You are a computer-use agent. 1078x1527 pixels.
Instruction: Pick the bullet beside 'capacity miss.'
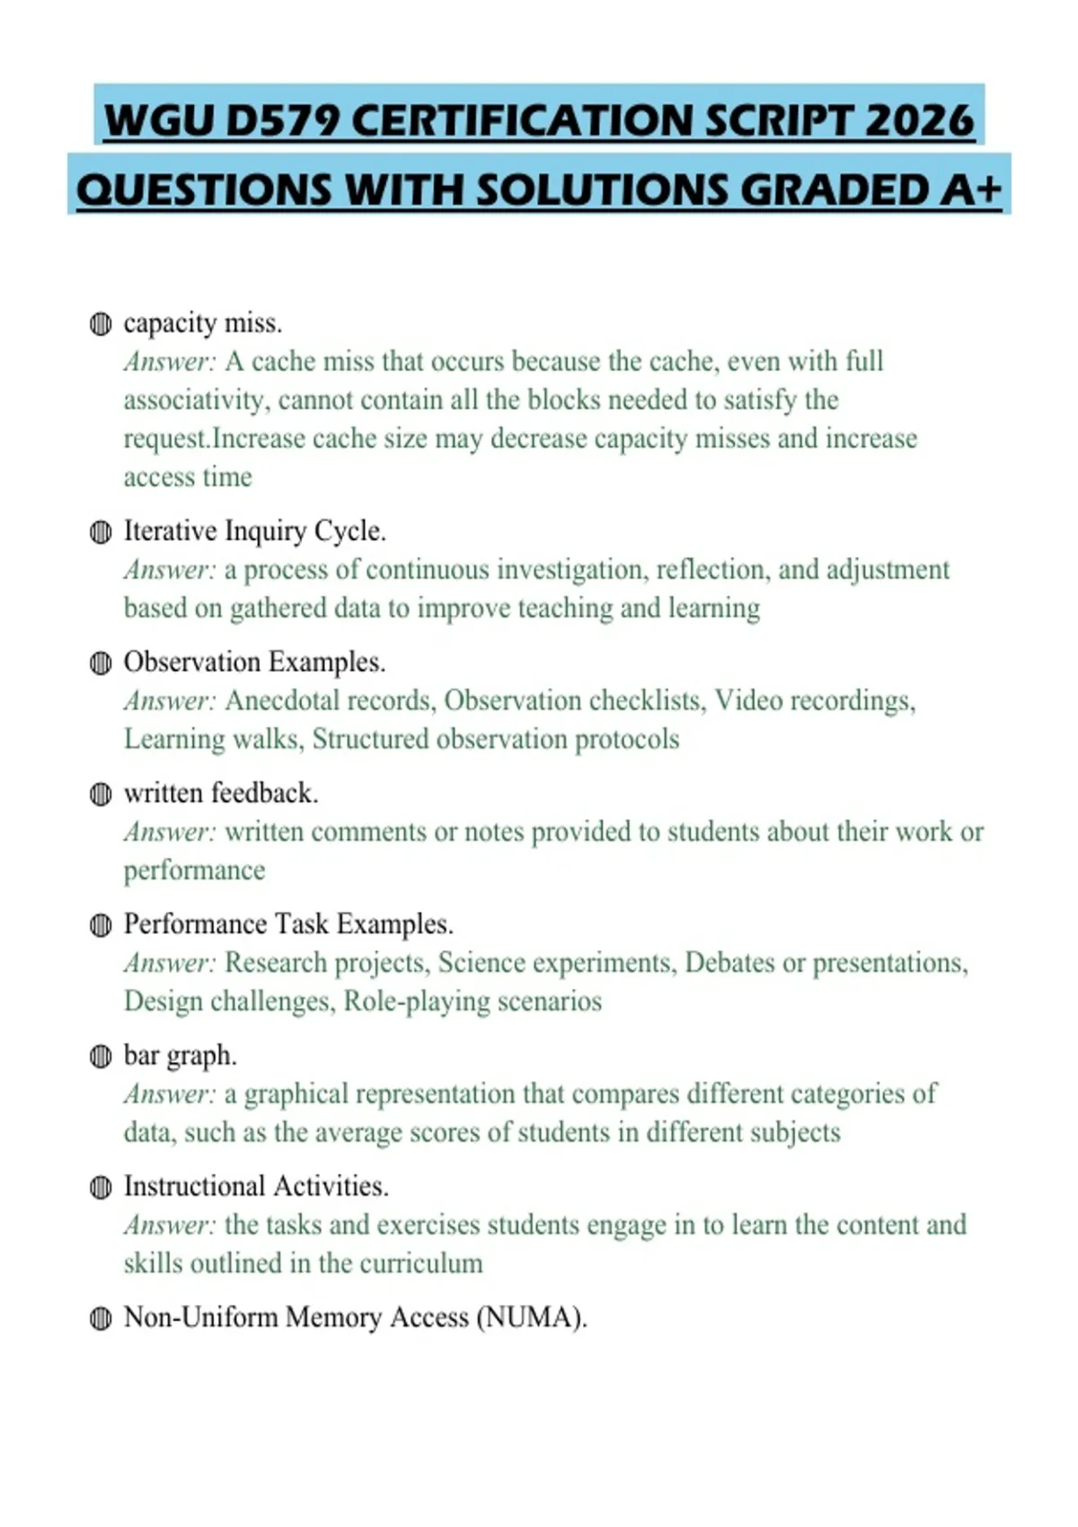(101, 324)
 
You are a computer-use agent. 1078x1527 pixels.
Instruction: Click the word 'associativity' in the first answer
(196, 400)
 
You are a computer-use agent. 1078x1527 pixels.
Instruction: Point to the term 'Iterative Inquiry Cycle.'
(254, 531)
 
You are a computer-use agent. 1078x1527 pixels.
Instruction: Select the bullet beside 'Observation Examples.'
(101, 664)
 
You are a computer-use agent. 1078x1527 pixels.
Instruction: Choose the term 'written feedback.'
(221, 793)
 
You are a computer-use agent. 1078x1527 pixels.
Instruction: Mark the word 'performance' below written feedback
(195, 870)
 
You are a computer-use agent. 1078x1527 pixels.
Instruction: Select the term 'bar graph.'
(180, 1055)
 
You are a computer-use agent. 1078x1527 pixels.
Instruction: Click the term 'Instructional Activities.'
(256, 1187)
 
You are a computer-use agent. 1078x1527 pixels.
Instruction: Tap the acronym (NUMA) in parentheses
(531, 1318)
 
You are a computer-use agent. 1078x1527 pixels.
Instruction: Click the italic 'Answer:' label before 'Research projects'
(170, 963)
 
